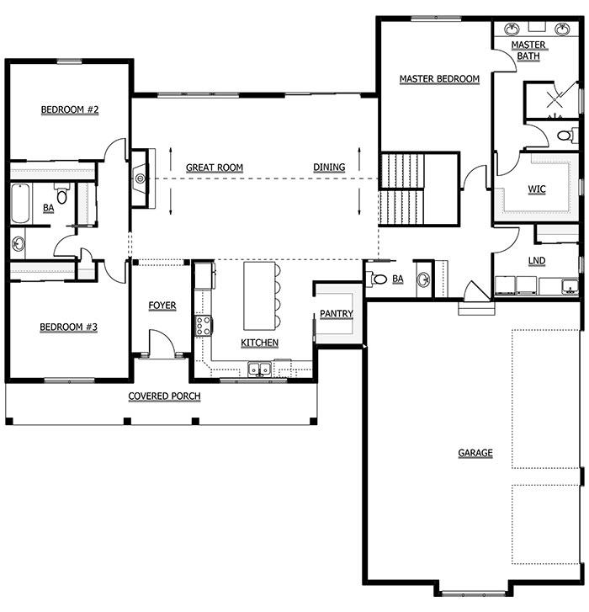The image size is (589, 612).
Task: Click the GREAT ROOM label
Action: pos(215,168)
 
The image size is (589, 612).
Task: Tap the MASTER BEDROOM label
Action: pos(439,79)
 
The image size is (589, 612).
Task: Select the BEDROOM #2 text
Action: pos(70,109)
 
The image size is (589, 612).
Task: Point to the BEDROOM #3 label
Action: pos(69,327)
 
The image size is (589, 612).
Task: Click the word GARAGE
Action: pos(475,453)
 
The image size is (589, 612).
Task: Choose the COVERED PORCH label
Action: pos(164,396)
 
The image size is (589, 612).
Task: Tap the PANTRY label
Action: pos(337,313)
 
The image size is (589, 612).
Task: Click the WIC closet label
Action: pos(537,189)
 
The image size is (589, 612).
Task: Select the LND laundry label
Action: pos(537,261)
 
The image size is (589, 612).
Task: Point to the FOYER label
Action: pos(162,306)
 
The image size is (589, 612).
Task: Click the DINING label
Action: pos(329,167)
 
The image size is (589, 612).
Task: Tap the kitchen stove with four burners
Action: pos(204,326)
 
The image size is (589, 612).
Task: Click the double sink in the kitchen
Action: pos(260,369)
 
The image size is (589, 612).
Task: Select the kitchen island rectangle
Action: pos(260,295)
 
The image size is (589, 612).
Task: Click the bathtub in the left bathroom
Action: pos(20,204)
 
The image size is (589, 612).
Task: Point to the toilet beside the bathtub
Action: pos(61,194)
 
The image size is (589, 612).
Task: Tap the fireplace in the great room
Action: pos(140,178)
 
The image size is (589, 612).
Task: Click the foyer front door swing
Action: pos(162,343)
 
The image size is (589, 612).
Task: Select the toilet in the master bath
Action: pos(567,136)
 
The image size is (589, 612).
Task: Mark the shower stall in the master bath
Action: pos(552,99)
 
